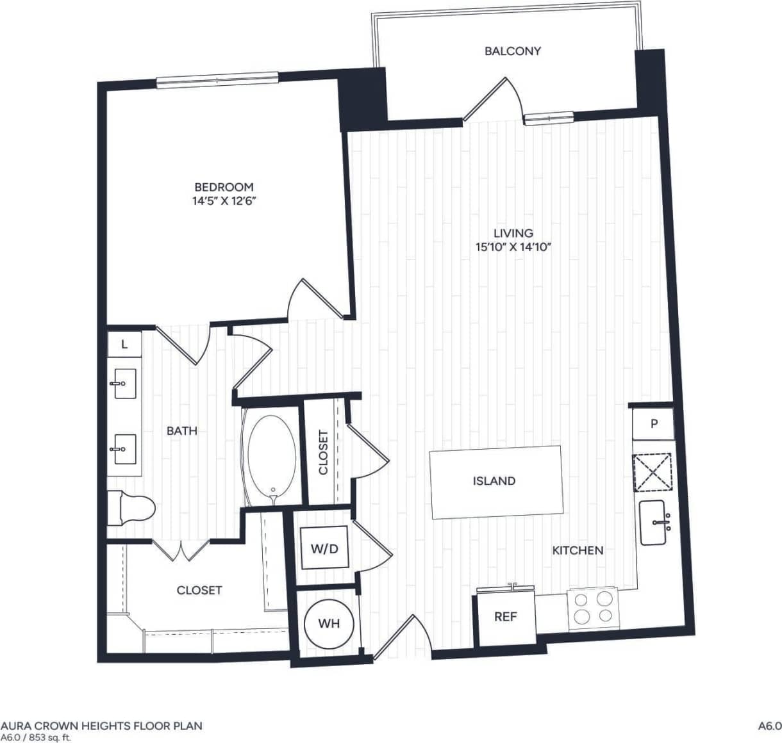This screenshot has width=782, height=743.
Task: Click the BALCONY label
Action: [512, 51]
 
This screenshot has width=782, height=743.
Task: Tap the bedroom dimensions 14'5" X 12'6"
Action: [224, 200]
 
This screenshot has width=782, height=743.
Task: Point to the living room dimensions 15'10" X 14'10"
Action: [513, 247]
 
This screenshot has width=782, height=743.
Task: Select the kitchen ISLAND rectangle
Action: [495, 481]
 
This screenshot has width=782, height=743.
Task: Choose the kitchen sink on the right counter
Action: [654, 523]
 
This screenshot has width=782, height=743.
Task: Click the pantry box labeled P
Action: [653, 424]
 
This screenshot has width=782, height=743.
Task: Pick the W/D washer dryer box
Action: [324, 548]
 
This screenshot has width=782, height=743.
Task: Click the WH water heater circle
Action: [329, 623]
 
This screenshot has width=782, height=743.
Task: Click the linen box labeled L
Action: [124, 345]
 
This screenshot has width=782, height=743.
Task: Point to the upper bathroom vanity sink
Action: [122, 384]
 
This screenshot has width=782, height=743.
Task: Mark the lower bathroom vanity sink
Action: [122, 449]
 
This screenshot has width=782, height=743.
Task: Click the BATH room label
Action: [181, 431]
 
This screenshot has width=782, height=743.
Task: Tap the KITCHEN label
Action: [578, 550]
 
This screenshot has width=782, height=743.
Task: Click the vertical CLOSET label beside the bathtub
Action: [323, 452]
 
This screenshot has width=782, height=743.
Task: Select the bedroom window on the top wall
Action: [217, 79]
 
